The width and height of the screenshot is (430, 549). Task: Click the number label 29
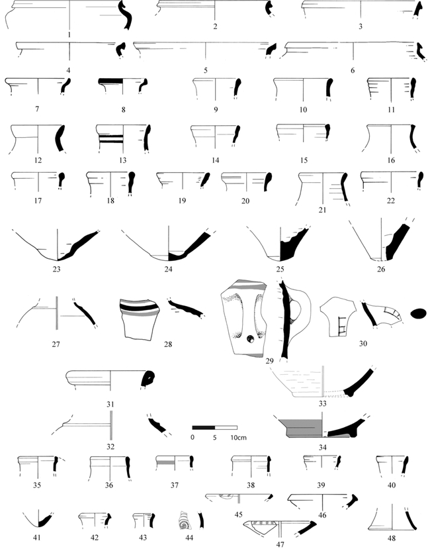tap(269, 361)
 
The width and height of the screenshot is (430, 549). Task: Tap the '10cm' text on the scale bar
tap(238, 438)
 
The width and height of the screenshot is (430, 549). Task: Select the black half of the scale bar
tap(203, 428)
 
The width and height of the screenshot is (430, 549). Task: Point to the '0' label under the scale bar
tap(193, 438)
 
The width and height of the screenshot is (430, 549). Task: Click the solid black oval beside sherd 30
tap(417, 314)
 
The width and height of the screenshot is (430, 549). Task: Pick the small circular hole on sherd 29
tap(251, 338)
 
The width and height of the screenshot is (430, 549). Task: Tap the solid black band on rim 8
tap(110, 81)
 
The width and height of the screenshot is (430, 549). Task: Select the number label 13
tap(122, 160)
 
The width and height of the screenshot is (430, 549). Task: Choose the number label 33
tap(322, 404)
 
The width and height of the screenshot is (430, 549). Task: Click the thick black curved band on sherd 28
tap(138, 308)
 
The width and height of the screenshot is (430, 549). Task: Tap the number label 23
tap(56, 270)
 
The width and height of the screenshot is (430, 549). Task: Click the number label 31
tap(110, 405)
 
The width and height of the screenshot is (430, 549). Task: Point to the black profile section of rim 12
tap(60, 138)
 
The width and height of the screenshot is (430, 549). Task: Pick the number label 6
tap(353, 70)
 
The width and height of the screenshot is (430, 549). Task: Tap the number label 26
tap(381, 270)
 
